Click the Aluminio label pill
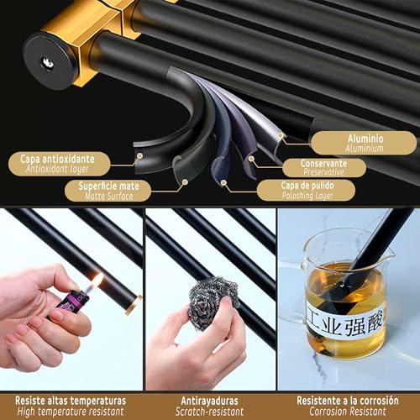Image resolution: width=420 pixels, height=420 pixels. (x=364, y=143)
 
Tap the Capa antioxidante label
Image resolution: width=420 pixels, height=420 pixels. (x=59, y=164)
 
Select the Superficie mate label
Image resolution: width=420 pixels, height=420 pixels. (x=108, y=191)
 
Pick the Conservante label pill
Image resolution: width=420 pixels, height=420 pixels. (x=324, y=167)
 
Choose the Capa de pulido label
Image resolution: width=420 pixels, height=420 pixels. (x=307, y=190)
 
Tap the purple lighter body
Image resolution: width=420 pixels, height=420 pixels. (x=73, y=302)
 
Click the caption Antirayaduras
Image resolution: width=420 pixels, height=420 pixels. (x=209, y=401)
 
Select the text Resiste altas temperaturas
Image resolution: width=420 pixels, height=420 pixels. (x=71, y=401)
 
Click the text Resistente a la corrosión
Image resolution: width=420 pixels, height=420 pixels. (x=348, y=401)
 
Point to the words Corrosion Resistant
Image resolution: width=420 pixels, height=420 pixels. (x=348, y=412)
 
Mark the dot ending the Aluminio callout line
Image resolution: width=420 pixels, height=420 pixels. (x=281, y=136)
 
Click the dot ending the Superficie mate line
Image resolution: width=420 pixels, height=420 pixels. (x=185, y=182)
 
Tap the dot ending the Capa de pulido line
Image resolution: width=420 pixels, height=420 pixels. (x=223, y=183)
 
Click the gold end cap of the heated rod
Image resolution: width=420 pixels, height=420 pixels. (x=134, y=304)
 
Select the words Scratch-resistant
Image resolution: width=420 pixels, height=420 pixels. (x=209, y=412)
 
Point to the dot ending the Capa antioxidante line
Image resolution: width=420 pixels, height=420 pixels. (x=140, y=155)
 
